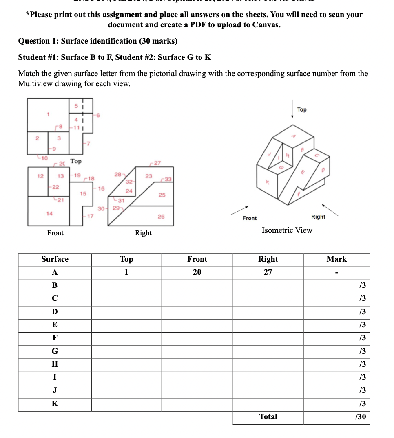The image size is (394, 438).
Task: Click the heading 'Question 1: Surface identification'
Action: click(x=98, y=41)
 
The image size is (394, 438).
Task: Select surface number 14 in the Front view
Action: click(x=50, y=213)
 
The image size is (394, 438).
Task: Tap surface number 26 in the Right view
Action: click(x=161, y=217)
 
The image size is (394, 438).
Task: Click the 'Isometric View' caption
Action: click(x=287, y=230)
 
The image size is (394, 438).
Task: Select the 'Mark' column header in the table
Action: click(x=336, y=259)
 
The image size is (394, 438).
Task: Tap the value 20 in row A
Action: click(x=197, y=272)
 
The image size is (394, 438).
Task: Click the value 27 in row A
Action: click(x=268, y=272)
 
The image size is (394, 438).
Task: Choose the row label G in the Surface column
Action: click(x=55, y=351)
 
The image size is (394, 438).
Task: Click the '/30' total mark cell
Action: click(x=360, y=417)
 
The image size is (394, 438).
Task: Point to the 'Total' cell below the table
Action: click(x=268, y=417)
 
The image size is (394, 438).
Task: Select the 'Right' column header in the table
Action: click(x=268, y=259)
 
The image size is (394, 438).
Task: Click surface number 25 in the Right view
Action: click(x=162, y=195)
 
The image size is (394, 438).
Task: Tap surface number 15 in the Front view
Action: click(x=83, y=194)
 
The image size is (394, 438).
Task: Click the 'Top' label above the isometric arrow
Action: click(x=302, y=110)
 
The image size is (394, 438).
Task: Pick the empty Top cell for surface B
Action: click(x=126, y=285)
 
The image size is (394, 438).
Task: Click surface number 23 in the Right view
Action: click(x=149, y=176)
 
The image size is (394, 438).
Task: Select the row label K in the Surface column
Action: click(x=55, y=404)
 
